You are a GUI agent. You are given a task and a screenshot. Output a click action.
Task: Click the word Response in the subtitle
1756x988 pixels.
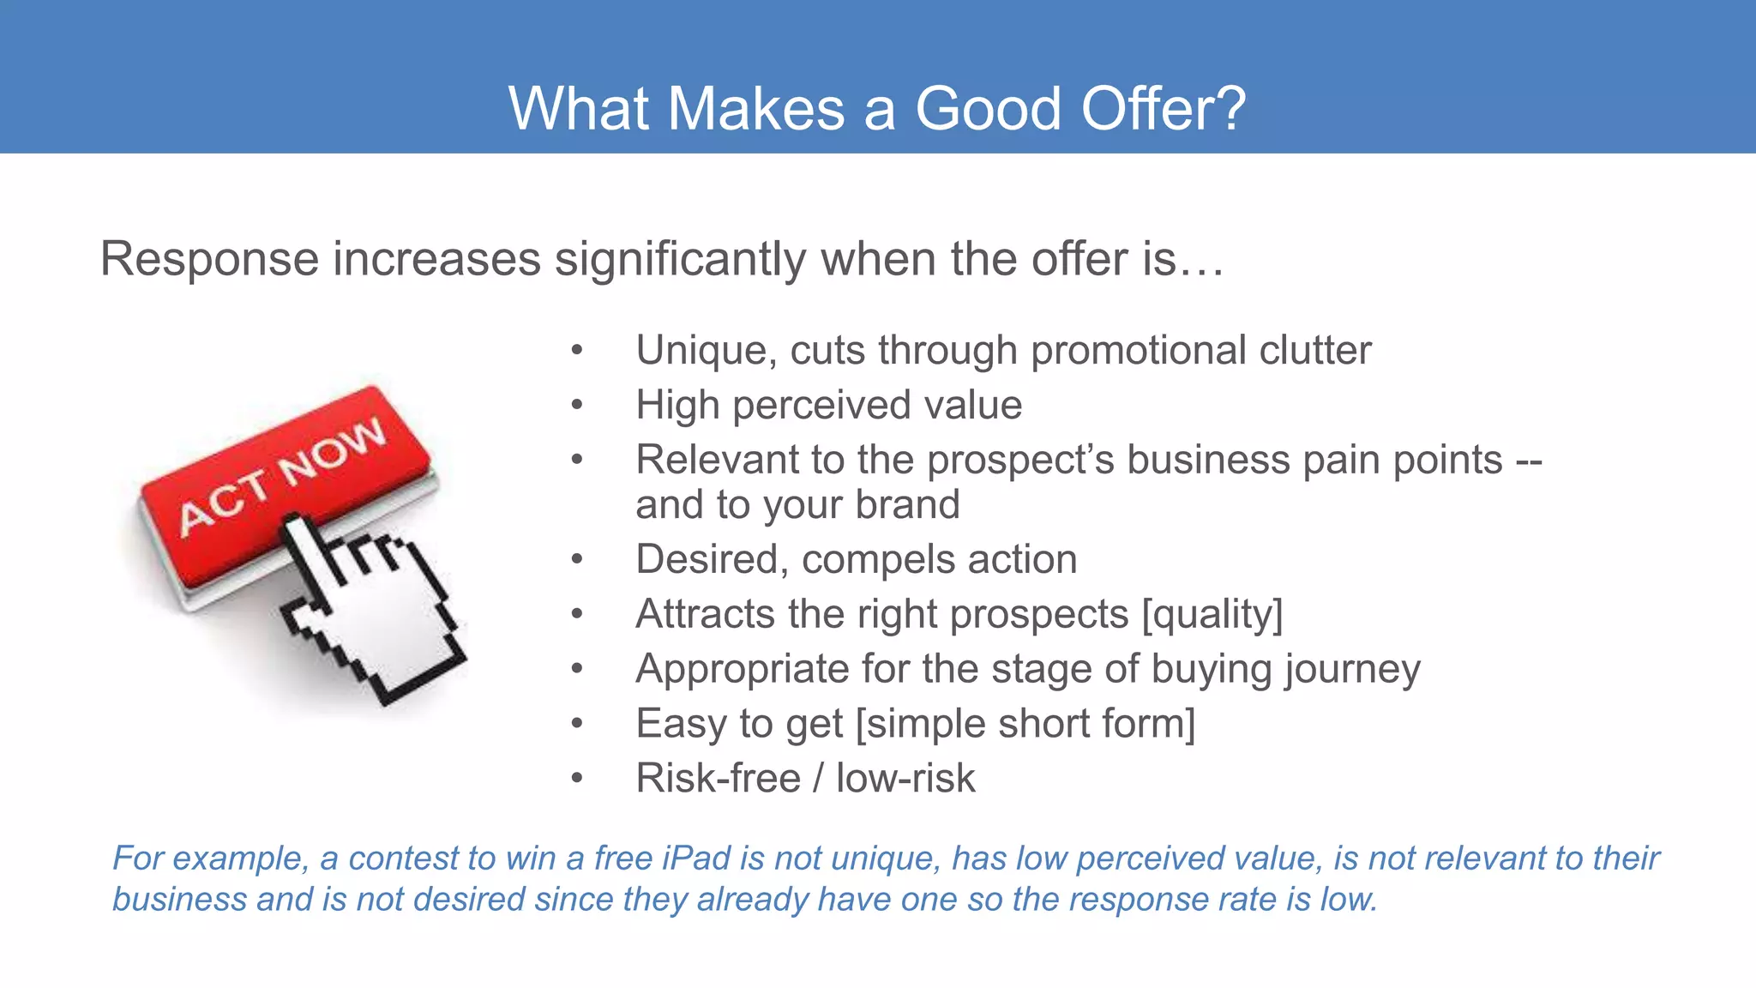tap(208, 259)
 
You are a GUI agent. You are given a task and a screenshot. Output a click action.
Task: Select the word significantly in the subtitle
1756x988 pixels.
tap(680, 259)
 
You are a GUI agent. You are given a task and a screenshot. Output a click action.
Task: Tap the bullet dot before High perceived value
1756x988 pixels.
tap(577, 405)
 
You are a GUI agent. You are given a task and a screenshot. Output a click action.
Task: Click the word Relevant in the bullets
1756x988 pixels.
tap(723, 460)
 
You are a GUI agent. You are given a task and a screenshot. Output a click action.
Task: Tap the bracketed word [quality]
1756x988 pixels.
tap(1212, 614)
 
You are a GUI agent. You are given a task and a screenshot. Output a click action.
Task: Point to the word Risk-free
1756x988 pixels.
tap(718, 779)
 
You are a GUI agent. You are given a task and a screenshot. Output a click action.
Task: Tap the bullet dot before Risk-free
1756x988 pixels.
tap(577, 779)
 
